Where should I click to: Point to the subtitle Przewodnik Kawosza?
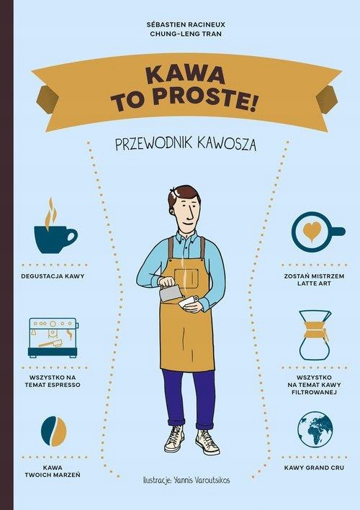186,144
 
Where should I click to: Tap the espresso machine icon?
53,337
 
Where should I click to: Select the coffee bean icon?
53,431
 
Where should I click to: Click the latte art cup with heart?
315,232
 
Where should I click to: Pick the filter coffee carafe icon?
315,334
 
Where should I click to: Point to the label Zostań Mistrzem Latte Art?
315,280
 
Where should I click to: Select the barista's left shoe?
207,440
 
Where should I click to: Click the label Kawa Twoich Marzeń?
52,470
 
